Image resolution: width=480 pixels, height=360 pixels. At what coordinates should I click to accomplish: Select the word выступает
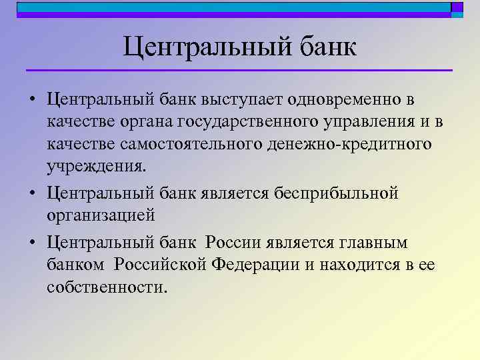coord(243,100)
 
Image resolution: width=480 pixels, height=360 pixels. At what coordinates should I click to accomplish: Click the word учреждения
coord(95,166)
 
